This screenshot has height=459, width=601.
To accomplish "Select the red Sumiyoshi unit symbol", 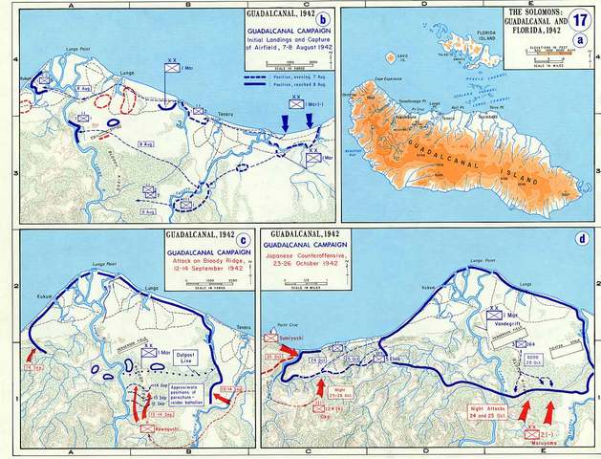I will click(x=270, y=338).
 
